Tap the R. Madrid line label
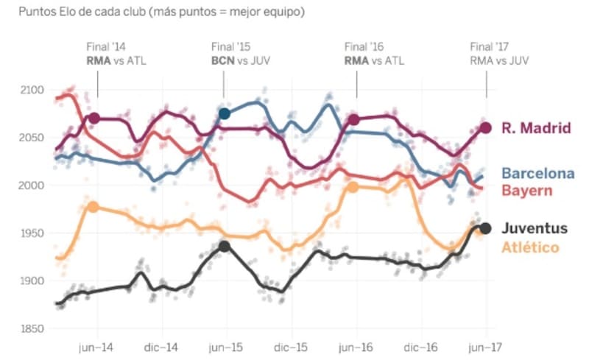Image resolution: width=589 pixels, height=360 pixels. click(536, 128)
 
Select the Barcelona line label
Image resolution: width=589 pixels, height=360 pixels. click(538, 174)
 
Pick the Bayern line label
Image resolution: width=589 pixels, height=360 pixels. click(526, 191)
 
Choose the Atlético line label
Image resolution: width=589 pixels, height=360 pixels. click(530, 247)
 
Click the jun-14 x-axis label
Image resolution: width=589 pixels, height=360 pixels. click(95, 346)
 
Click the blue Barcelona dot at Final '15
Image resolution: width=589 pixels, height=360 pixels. click(225, 113)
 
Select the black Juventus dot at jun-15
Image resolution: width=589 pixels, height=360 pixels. click(225, 247)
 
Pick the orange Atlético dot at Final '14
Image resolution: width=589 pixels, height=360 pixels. click(94, 206)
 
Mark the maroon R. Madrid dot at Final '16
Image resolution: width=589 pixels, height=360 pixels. click(354, 119)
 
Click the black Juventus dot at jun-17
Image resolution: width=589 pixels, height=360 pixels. click(485, 228)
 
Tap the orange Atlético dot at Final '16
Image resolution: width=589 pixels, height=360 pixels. click(353, 187)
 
